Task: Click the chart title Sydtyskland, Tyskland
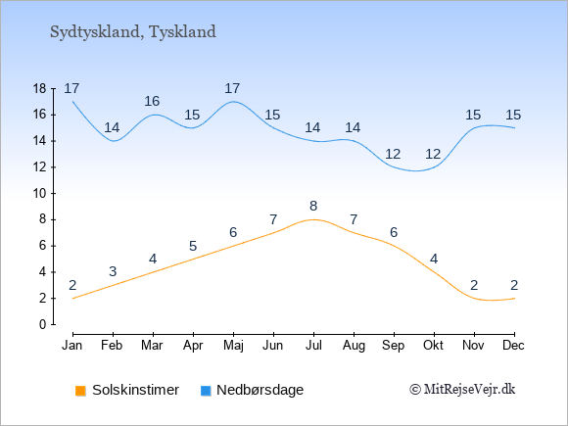tap(133, 32)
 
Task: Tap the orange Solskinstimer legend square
tap(80, 391)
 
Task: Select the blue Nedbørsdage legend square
tap(206, 391)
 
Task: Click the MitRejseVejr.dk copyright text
tap(462, 390)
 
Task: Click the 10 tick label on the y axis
tap(40, 194)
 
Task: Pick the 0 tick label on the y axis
tap(43, 324)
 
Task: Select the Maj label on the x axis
tap(233, 346)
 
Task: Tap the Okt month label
tap(433, 346)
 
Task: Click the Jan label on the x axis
tap(72, 346)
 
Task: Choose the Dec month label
tap(513, 346)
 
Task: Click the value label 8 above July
tap(313, 206)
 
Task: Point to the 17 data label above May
tap(232, 88)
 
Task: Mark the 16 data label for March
tap(152, 102)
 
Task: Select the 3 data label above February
tap(113, 271)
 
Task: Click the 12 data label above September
tap(393, 155)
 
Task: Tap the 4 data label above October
tap(434, 259)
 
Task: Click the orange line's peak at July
tap(313, 219)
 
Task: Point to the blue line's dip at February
tap(114, 141)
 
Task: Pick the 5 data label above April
tap(193, 246)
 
